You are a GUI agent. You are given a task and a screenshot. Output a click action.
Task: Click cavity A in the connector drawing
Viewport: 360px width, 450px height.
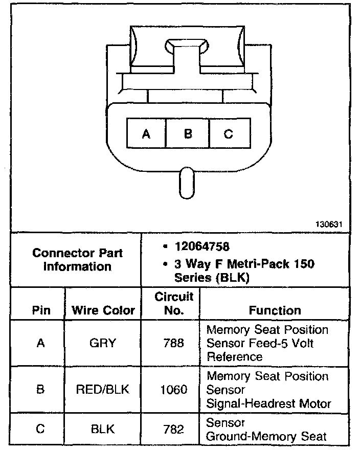pos(146,134)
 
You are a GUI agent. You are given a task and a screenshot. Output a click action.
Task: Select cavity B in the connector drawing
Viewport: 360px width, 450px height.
pos(188,134)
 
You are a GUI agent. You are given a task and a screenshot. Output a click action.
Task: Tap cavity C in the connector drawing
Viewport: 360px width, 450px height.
pos(229,134)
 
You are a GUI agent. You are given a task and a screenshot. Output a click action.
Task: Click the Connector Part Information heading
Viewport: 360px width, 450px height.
pos(77,259)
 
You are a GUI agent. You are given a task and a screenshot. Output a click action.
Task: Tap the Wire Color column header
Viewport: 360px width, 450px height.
pos(103,310)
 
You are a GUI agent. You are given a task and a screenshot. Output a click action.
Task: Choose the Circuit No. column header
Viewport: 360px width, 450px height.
pos(173,303)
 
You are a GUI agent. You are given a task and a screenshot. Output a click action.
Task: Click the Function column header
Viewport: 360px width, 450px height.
pos(275,310)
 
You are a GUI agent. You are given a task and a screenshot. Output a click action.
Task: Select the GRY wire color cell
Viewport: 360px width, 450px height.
pos(103,343)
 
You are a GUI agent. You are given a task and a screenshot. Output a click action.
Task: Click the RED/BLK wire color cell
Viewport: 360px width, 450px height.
pos(103,390)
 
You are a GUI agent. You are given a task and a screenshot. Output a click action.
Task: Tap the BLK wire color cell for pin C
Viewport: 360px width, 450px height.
pos(103,430)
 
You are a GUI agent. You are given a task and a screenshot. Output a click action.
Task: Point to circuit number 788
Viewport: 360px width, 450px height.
pos(173,343)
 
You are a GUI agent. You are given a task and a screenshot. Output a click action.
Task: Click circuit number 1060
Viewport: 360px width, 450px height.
pos(173,390)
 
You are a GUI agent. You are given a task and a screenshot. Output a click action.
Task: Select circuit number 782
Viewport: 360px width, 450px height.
pos(173,430)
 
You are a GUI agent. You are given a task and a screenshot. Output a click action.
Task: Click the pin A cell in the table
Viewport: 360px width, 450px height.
pos(41,343)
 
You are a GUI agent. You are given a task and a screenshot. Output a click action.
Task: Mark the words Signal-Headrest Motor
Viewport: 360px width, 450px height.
pos(268,403)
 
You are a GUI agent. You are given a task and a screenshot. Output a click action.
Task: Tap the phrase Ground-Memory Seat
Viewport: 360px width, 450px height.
pos(266,436)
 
